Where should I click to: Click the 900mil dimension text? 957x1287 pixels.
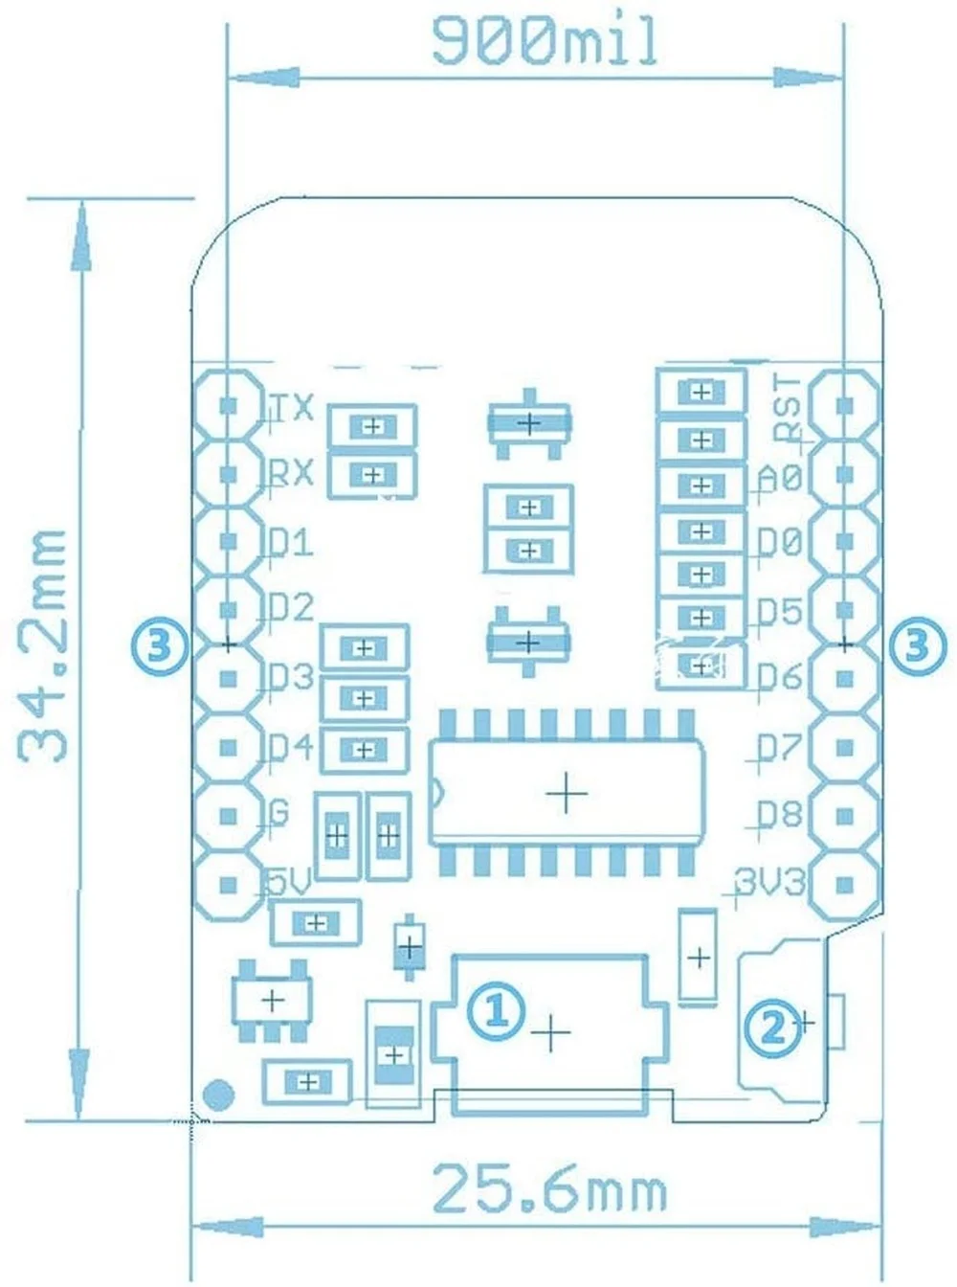(545, 42)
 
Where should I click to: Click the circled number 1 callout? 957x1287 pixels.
(495, 1010)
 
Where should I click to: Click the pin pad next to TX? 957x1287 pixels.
(229, 405)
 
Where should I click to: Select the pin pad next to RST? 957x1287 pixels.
(844, 405)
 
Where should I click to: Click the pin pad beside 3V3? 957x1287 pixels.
(844, 884)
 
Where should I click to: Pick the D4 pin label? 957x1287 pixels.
(291, 747)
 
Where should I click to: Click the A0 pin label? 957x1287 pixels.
(780, 476)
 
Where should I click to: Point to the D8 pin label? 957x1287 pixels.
(780, 815)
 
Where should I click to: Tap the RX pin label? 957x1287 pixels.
(291, 472)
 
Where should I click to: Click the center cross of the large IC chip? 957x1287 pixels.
(567, 793)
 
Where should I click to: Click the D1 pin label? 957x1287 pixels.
(291, 543)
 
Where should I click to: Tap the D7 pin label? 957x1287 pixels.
(780, 747)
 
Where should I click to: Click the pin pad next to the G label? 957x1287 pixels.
(229, 815)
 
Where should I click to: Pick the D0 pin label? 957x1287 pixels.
(780, 543)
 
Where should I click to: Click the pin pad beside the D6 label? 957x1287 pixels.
(844, 679)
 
